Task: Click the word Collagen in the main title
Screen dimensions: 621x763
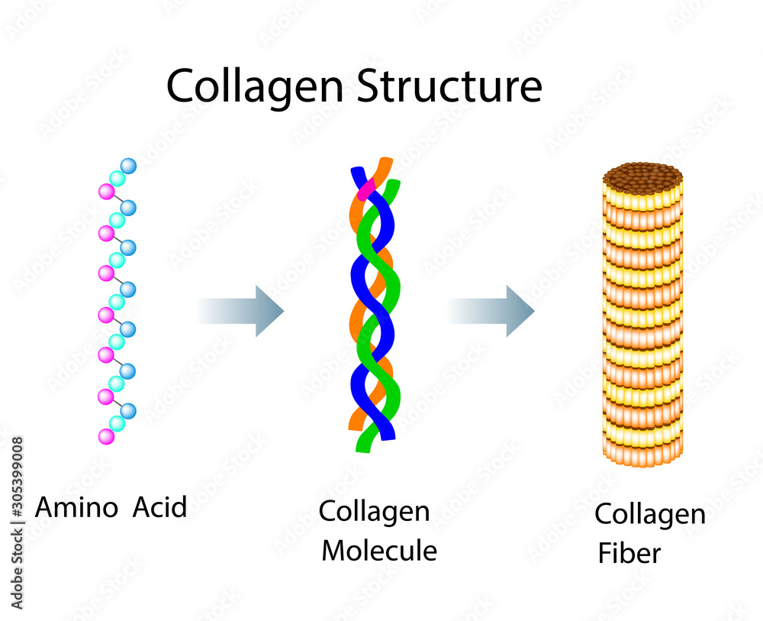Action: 256,87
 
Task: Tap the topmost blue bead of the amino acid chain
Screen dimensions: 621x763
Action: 128,166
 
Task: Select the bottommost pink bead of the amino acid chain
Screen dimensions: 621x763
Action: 106,436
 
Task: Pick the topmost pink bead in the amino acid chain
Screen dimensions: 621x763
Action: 106,192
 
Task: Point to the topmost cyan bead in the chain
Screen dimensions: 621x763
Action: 117,179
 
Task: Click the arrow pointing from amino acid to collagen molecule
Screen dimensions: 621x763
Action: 242,310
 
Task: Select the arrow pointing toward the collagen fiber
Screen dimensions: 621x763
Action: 491,310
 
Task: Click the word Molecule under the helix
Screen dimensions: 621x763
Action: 379,550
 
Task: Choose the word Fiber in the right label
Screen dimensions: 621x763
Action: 629,552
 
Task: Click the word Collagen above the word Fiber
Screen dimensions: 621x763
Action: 650,515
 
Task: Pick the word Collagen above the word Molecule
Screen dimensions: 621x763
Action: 374,512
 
